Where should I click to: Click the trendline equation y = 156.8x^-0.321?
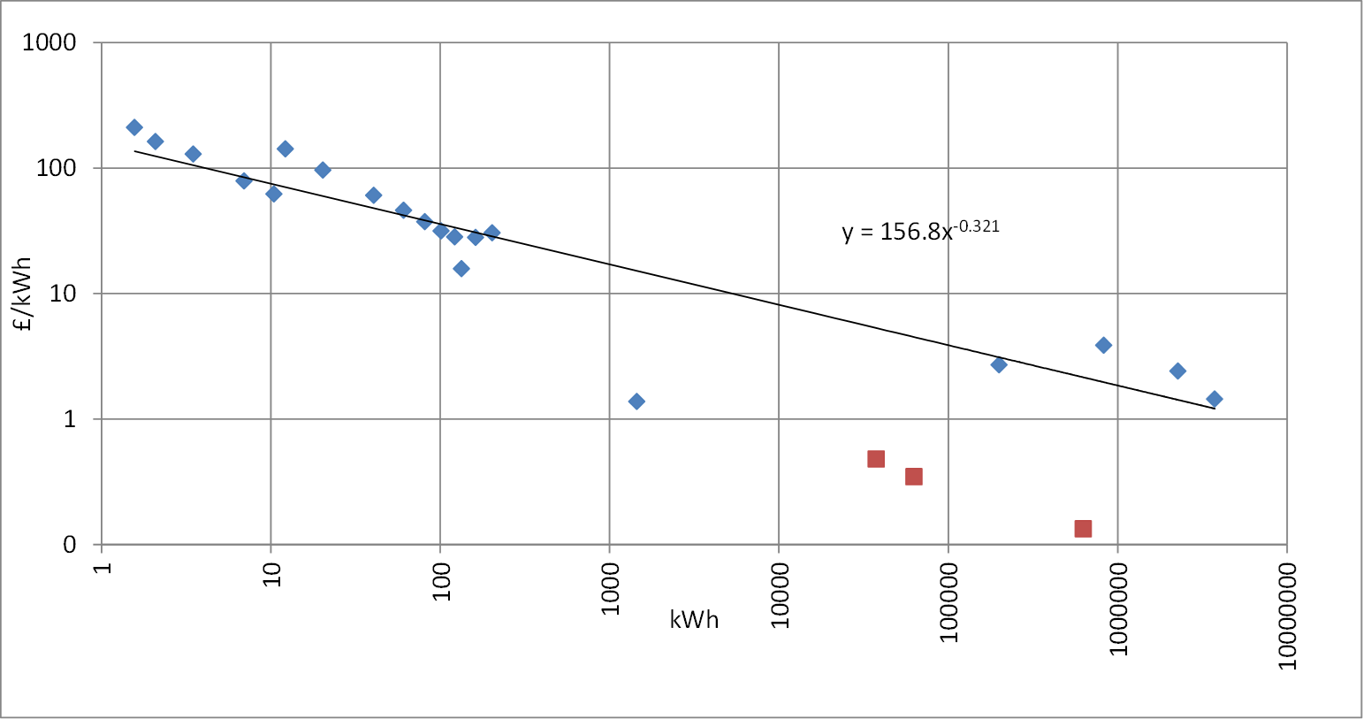tap(921, 231)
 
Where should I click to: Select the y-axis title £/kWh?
tap(22, 294)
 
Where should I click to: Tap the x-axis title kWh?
tap(694, 620)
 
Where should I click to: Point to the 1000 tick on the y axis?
tap(49, 42)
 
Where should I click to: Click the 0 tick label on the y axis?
tap(69, 544)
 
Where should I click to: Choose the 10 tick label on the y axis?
tap(63, 294)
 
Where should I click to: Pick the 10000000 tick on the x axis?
tap(1287, 616)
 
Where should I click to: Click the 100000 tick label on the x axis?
tap(948, 602)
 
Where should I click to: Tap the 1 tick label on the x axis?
tap(103, 568)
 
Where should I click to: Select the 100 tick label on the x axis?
tap(441, 581)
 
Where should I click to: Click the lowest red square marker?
tap(1083, 529)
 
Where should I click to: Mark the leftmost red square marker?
tap(876, 458)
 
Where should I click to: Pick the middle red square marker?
tap(914, 476)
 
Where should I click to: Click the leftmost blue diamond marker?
tap(134, 127)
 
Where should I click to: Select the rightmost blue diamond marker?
tap(1215, 399)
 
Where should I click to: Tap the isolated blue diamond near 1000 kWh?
tap(636, 402)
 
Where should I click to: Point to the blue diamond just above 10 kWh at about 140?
tap(285, 149)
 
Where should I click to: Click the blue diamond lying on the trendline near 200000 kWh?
tap(999, 364)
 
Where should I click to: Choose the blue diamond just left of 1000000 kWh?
tap(1103, 345)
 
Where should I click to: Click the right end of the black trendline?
tap(1215, 409)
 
